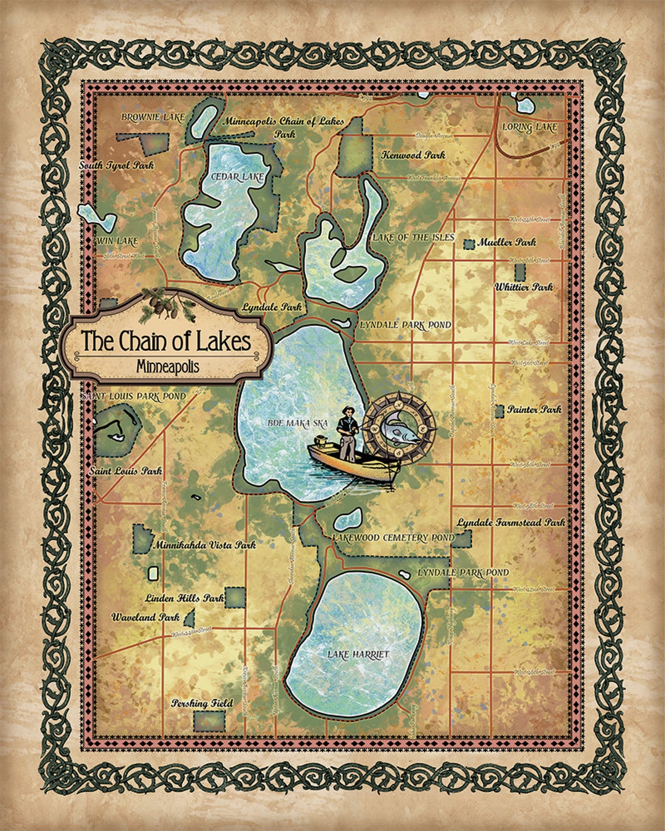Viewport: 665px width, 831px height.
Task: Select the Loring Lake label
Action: (x=530, y=127)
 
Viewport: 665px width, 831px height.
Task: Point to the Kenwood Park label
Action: (x=413, y=155)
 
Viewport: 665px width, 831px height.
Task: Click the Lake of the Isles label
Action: (x=413, y=238)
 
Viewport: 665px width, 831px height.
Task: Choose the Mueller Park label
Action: (x=507, y=243)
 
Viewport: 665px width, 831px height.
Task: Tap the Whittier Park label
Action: (x=523, y=287)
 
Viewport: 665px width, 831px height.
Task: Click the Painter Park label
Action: (x=534, y=409)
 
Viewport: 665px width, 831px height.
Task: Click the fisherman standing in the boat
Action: (x=348, y=434)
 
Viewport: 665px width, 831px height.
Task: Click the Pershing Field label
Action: (x=202, y=703)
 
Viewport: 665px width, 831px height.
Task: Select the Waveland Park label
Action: (x=145, y=617)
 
